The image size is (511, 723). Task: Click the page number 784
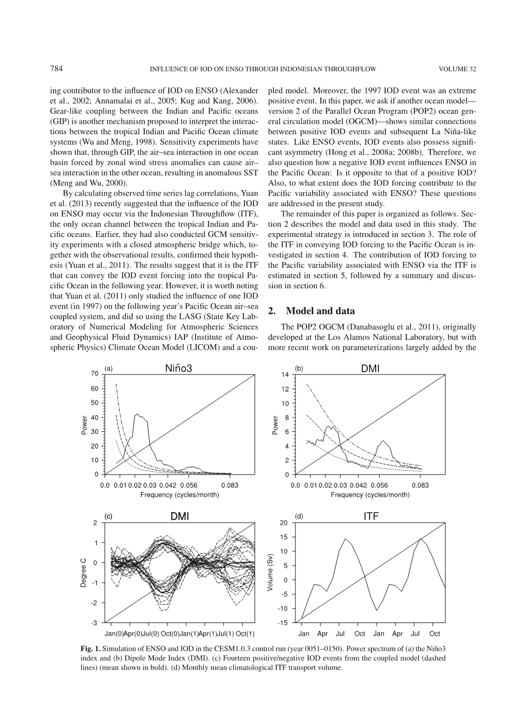(x=56, y=69)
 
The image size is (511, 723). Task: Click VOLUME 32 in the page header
(x=457, y=70)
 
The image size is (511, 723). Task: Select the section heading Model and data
(x=320, y=311)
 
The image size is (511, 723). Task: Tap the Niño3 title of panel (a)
(x=178, y=368)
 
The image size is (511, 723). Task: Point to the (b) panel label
(x=299, y=368)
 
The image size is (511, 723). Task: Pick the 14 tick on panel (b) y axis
(x=285, y=375)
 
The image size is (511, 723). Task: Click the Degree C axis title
(x=83, y=573)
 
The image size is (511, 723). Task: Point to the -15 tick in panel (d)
(x=283, y=623)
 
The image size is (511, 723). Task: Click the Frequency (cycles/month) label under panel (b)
(x=370, y=494)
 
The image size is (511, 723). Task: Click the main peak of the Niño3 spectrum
(x=138, y=414)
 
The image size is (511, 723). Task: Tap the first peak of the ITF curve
(x=346, y=539)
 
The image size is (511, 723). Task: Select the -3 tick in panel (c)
(x=95, y=623)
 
